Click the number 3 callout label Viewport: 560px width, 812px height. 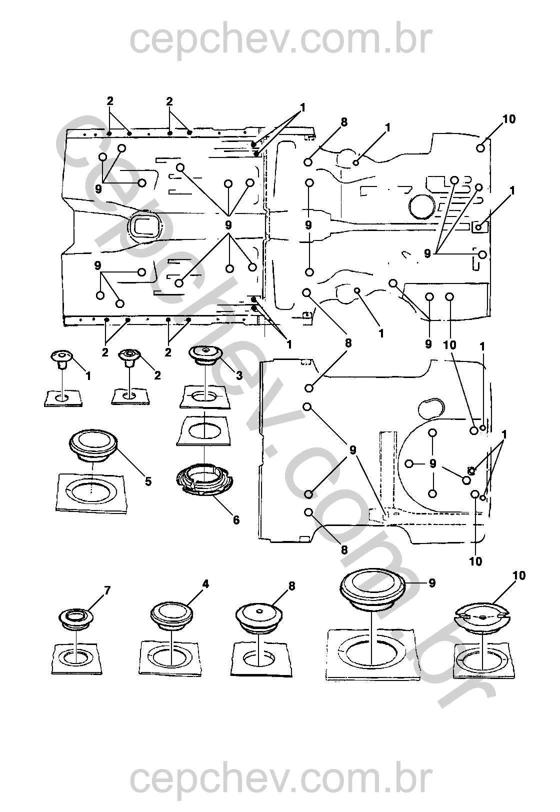coord(239,375)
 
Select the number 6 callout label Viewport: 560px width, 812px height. coord(236,520)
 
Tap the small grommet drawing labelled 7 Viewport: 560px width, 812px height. coord(75,617)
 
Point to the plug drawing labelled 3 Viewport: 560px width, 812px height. coord(205,353)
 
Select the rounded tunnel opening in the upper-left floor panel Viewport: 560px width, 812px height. coord(145,226)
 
